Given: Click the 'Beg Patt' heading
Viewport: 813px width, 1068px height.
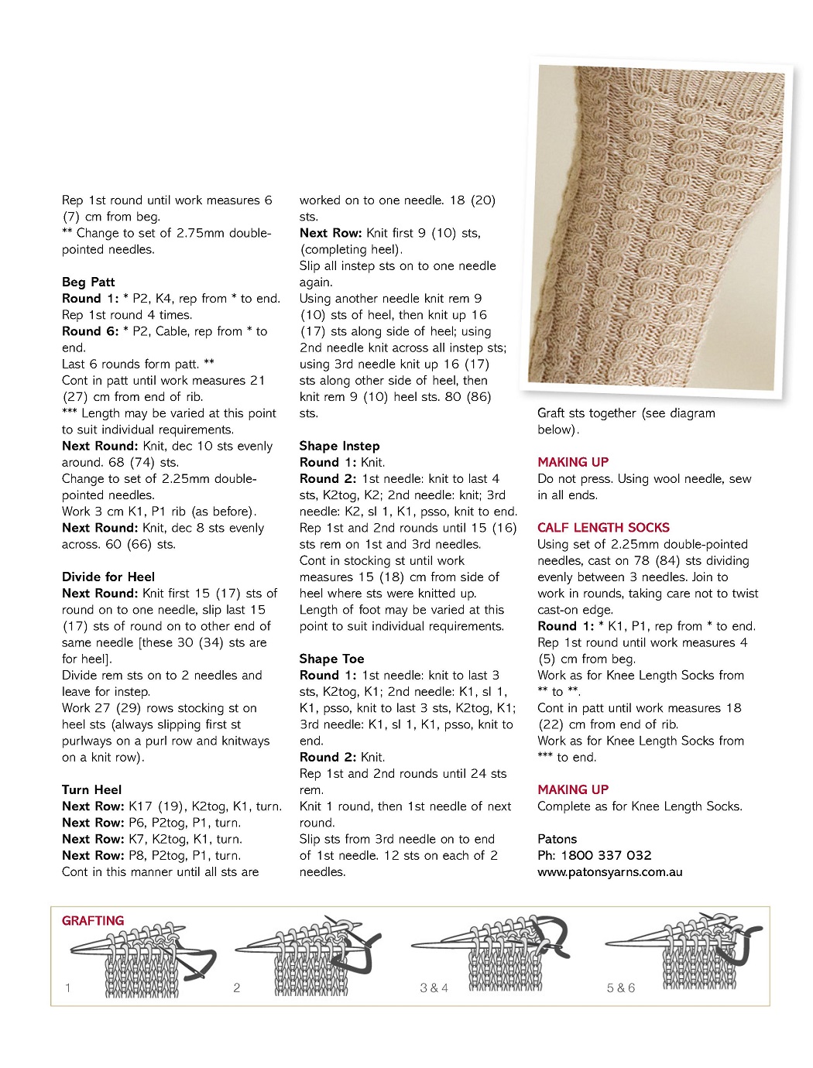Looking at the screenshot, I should tap(88, 282).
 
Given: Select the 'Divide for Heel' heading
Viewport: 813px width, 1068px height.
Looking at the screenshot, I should tap(108, 577).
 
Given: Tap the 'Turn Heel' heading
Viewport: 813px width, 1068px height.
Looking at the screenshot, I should tap(91, 789).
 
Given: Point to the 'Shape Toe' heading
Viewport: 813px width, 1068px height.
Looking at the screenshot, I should tap(331, 659).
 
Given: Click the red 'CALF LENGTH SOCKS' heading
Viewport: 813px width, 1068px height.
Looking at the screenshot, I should tap(603, 528).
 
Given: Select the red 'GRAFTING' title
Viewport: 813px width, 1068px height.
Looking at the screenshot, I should tap(93, 921).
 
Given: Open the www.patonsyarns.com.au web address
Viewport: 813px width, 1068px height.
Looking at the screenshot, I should tap(610, 872).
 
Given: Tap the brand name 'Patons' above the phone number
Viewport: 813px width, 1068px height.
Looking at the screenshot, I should tap(557, 839).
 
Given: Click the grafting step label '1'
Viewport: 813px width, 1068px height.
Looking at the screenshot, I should tap(68, 988).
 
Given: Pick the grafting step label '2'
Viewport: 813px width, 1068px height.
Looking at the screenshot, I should tap(237, 988).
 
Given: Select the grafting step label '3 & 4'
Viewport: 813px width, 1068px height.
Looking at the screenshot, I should tap(434, 988).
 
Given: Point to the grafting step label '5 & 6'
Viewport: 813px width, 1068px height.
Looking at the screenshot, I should tap(621, 988).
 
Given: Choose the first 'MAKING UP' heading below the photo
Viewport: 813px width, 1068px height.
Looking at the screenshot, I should tap(573, 462).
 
